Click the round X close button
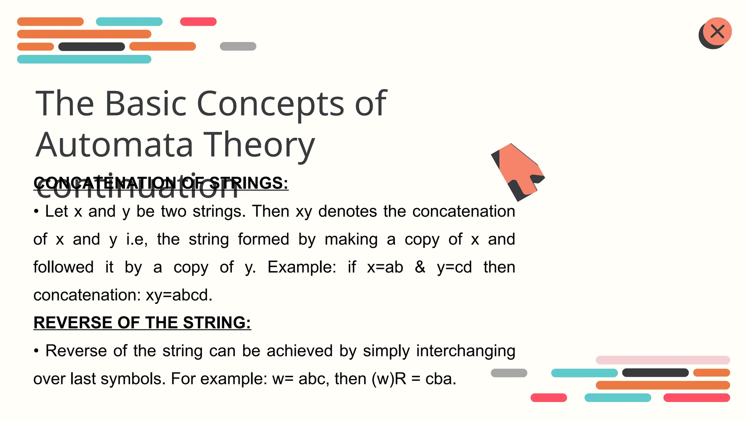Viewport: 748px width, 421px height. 717,32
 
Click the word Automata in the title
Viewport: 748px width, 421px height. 114,145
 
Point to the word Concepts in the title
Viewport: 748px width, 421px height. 270,104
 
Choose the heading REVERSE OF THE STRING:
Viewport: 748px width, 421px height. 142,323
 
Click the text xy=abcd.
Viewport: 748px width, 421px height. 179,295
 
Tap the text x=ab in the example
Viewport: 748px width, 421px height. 385,267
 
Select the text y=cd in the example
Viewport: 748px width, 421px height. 454,267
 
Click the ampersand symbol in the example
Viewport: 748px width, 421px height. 420,267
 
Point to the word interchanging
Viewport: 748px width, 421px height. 466,351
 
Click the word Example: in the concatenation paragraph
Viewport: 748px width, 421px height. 302,267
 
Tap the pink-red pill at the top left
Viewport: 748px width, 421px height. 198,22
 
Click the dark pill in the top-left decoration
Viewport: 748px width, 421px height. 92,47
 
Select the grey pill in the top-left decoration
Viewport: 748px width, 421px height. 238,46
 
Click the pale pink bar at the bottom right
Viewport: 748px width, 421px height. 663,360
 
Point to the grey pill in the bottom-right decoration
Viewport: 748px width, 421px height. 509,373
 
